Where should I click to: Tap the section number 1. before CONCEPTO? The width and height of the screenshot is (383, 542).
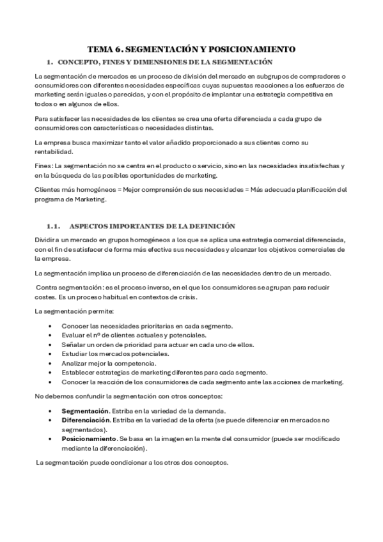(49, 62)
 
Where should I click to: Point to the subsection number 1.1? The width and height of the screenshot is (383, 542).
(53, 226)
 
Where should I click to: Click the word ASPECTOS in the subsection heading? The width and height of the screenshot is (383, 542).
(89, 226)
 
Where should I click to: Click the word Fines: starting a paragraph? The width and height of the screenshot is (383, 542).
(44, 166)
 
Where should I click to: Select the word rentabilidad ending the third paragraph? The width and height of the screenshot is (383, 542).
(54, 151)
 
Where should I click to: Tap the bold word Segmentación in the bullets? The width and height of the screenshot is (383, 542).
(84, 410)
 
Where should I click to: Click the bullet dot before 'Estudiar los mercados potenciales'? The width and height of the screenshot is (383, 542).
(50, 353)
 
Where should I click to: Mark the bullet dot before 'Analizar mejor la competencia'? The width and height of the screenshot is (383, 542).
(50, 363)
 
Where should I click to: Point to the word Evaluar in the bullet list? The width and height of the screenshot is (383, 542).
(74, 335)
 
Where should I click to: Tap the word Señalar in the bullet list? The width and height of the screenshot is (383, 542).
(74, 345)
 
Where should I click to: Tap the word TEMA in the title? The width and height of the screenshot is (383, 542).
(101, 49)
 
